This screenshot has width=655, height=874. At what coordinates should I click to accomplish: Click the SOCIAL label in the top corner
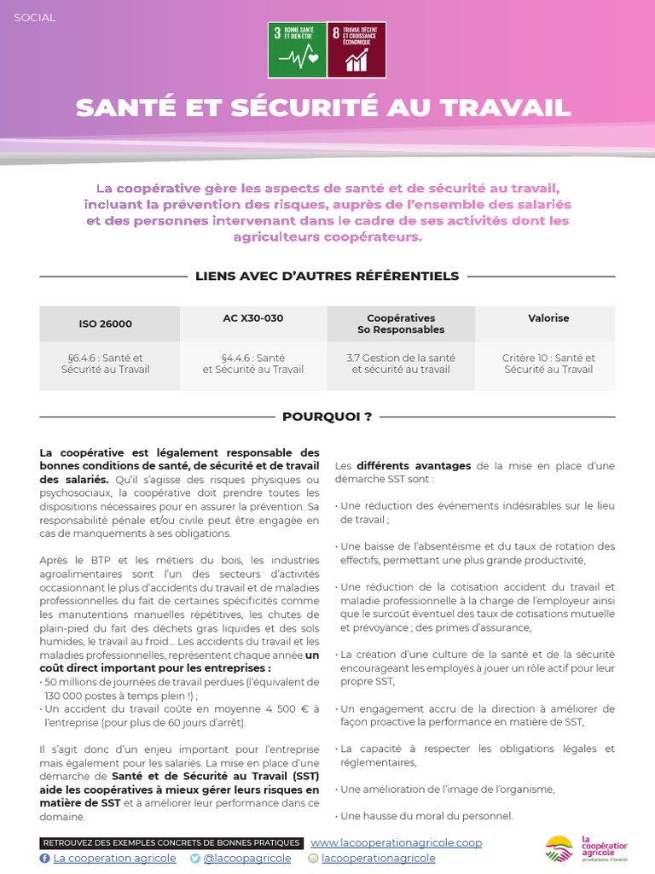(x=35, y=17)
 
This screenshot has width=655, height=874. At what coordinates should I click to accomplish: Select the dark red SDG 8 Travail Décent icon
(x=356, y=49)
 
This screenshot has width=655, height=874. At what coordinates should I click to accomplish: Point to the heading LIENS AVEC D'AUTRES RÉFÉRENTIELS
(x=327, y=276)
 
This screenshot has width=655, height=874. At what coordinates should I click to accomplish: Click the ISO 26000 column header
(x=106, y=324)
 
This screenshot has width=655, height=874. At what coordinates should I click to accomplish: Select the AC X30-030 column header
(x=252, y=318)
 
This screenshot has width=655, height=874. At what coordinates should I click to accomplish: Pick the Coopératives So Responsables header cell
(x=401, y=323)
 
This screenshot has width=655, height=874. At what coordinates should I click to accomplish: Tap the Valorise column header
(x=548, y=318)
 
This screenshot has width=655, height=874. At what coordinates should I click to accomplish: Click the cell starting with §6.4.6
(x=106, y=364)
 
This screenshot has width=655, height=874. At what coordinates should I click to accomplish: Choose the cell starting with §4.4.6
(x=252, y=364)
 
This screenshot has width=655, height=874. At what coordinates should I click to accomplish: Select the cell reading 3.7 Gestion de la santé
(x=401, y=364)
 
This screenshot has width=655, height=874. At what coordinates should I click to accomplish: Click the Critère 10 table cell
(x=548, y=364)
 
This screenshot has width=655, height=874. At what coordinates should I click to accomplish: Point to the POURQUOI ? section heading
(x=327, y=417)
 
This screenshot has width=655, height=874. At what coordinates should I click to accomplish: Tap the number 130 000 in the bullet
(x=66, y=696)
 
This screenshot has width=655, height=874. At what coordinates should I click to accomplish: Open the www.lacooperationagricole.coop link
(x=396, y=842)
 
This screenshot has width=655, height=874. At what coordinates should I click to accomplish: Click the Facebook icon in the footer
(x=45, y=859)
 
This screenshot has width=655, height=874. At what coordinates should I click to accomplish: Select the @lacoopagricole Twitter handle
(x=246, y=859)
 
